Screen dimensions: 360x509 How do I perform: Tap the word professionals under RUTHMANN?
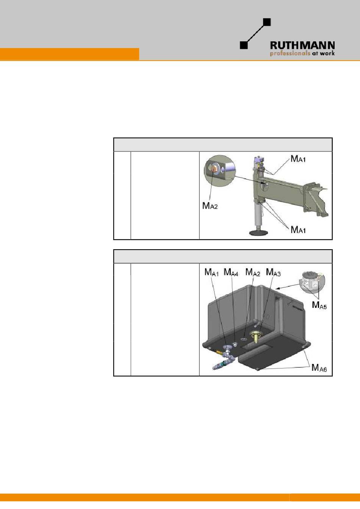coord(290,53)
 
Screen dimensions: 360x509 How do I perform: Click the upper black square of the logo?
coord(267,22)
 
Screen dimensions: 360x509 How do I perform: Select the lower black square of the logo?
coord(244,45)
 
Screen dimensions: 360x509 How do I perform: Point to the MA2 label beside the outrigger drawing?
coord(210,206)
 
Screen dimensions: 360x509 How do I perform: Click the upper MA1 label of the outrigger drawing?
coord(298,159)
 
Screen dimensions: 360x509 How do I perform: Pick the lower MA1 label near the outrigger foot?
coord(298,230)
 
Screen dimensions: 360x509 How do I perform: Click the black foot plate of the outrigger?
coord(259,233)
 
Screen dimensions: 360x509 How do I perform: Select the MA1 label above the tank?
coord(211,272)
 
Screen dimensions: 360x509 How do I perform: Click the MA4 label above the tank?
coord(231,272)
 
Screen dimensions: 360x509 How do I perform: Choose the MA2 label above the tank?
coord(253,272)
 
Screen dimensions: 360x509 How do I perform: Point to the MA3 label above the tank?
coord(273,272)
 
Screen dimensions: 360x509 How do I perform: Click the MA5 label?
coord(319,305)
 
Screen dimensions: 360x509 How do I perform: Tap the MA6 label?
coord(319,368)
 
